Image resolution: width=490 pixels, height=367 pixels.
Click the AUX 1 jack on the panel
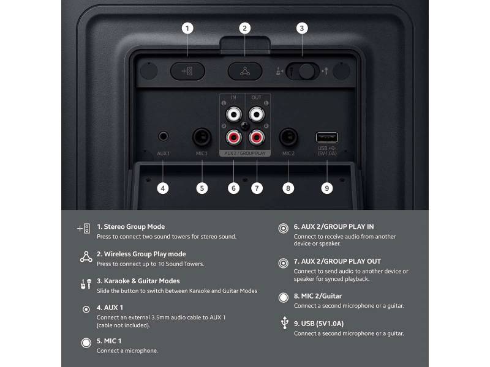coord(163,136)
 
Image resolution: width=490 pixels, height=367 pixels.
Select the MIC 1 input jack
coord(202,136)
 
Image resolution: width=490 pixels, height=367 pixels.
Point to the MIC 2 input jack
coord(288,136)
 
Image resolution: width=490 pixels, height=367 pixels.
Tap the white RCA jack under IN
coord(234,114)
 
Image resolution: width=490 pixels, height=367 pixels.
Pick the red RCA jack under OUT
coord(256,133)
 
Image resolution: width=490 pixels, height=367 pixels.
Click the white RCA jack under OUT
coord(256,114)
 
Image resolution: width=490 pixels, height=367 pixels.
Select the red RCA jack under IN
coord(234,133)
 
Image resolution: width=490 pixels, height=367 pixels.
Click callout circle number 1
coord(187,28)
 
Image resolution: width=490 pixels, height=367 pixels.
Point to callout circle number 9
coord(327,188)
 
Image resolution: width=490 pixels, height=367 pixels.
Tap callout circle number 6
coord(233,188)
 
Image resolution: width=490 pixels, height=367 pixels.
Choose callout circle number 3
coord(301,28)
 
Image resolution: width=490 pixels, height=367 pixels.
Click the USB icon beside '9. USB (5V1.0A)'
coord(283,324)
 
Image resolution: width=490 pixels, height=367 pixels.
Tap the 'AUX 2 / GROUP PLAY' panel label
coord(245,153)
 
